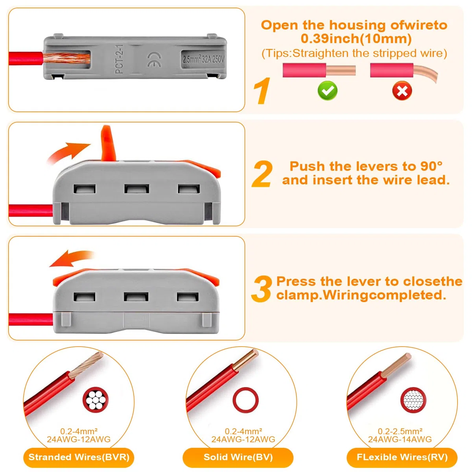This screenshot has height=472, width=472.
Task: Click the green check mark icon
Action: click(x=327, y=90)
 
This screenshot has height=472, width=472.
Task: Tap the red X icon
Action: click(x=402, y=90)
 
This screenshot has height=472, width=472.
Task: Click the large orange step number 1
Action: click(x=262, y=91)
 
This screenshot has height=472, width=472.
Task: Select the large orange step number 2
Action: click(x=262, y=174)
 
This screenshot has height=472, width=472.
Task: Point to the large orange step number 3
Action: click(x=261, y=289)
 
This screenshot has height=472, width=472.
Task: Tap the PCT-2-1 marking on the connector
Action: click(x=119, y=59)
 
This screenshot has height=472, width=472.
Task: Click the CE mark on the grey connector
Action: click(x=155, y=60)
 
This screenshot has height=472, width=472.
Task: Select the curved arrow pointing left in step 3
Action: click(x=71, y=259)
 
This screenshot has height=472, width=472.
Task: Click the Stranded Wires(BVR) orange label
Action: click(x=79, y=457)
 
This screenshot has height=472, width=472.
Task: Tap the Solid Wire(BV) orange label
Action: click(x=238, y=457)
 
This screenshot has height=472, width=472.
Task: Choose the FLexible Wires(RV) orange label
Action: click(x=402, y=457)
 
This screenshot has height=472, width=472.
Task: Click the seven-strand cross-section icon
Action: click(x=96, y=400)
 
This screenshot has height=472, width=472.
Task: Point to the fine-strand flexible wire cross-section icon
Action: click(x=413, y=400)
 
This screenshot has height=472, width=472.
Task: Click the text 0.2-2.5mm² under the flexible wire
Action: click(x=400, y=431)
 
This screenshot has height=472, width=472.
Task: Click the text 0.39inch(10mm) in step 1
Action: click(x=356, y=39)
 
